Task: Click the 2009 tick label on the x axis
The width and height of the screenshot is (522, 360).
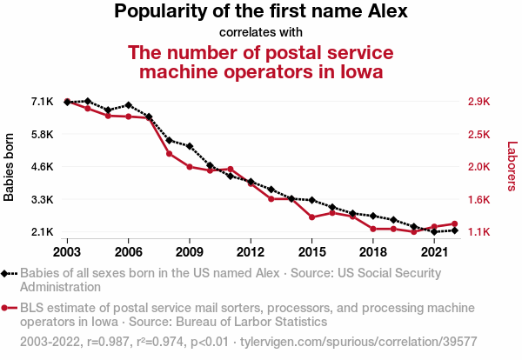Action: click(x=190, y=252)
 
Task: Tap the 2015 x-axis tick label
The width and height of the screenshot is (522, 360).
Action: click(x=311, y=252)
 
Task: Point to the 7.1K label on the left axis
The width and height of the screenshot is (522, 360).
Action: click(x=42, y=102)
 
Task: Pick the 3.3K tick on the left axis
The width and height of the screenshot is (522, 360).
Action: click(x=42, y=200)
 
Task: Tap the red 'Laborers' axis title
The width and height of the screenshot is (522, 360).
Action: click(x=512, y=167)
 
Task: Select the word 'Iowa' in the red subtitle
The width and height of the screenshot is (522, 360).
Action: click(x=358, y=70)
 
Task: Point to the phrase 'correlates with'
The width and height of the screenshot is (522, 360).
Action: click(x=260, y=33)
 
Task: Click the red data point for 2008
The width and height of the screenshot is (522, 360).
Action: click(x=169, y=154)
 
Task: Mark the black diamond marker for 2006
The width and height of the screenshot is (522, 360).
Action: click(x=128, y=105)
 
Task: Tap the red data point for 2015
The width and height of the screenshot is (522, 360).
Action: click(x=311, y=217)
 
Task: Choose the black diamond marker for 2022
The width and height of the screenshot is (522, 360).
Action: click(x=455, y=230)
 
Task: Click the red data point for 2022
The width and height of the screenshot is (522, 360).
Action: click(x=455, y=223)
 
